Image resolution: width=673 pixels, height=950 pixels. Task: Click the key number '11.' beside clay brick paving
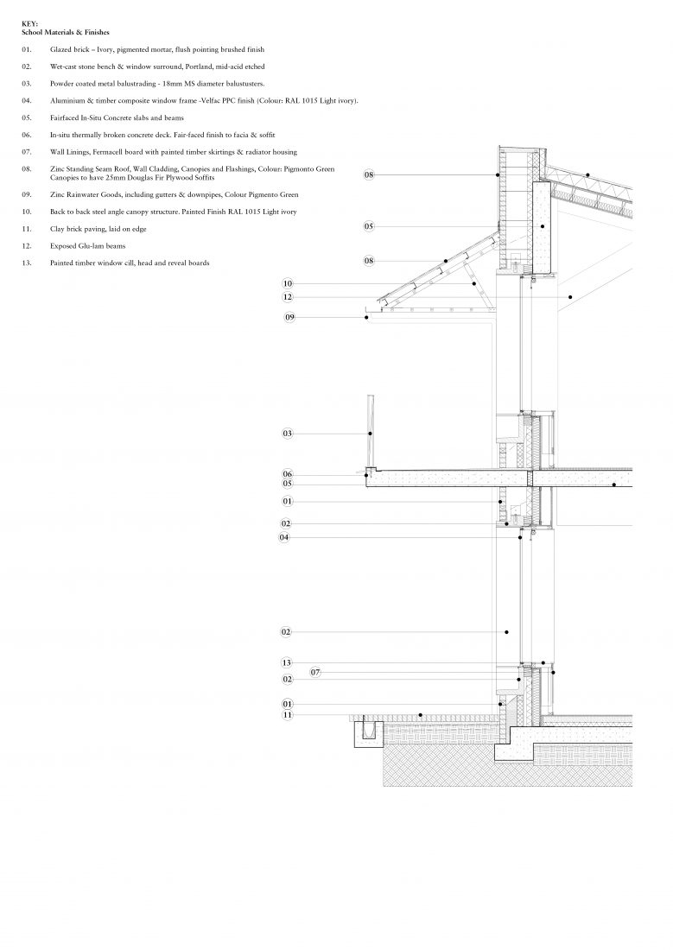(x=27, y=228)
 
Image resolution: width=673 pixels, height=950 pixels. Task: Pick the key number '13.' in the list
(x=27, y=263)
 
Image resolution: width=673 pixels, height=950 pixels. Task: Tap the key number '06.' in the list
(x=27, y=135)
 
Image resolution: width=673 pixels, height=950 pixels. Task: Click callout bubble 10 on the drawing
(x=288, y=283)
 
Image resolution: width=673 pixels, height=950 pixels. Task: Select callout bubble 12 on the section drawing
(x=288, y=297)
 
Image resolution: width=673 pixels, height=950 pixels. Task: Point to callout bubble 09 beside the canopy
(x=290, y=318)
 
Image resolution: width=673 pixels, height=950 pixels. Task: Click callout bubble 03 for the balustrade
(x=288, y=433)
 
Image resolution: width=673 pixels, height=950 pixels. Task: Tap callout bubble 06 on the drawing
(x=288, y=474)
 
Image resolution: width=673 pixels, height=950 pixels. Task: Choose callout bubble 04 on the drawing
(x=284, y=537)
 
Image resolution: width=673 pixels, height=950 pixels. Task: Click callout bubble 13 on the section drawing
(x=287, y=662)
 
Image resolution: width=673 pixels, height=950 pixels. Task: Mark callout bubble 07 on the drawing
(x=315, y=671)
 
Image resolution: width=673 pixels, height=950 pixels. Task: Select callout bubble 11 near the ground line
(x=288, y=715)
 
